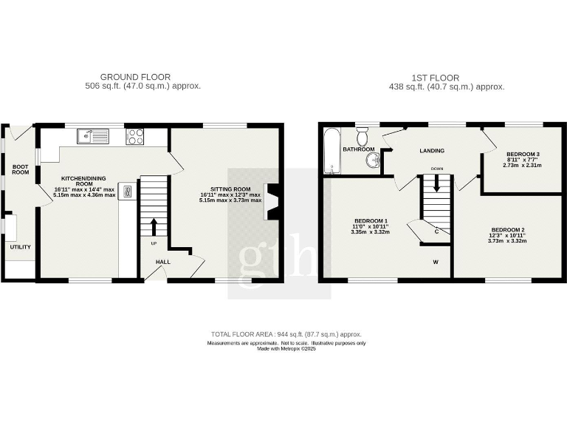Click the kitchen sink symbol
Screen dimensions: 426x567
(x=93, y=136)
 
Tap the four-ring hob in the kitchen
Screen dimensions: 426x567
(x=136, y=136)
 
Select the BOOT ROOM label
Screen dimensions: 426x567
(x=20, y=169)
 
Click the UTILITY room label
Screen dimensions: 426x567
(x=20, y=246)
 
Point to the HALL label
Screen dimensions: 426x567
(x=163, y=262)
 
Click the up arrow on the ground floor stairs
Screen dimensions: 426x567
(x=154, y=226)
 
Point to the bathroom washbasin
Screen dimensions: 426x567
(x=371, y=162)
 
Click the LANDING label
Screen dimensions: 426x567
(x=432, y=151)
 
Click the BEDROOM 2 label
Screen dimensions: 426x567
(x=507, y=229)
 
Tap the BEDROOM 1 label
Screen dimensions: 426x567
(x=371, y=221)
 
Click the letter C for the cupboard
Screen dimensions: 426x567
(x=437, y=232)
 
